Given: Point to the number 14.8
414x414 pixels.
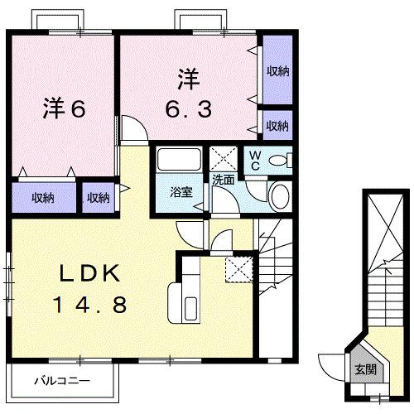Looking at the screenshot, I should [91, 306].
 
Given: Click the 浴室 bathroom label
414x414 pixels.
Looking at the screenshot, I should [182, 192].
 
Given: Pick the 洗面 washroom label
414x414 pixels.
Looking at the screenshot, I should [223, 179].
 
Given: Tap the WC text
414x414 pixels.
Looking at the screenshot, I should [255, 159].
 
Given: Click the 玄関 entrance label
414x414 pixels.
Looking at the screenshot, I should [365, 368].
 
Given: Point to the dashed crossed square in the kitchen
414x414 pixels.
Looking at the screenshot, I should [237, 267].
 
